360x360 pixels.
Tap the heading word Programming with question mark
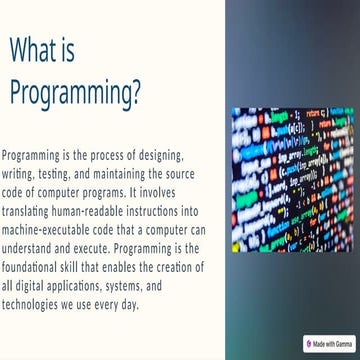pos(75,92)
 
